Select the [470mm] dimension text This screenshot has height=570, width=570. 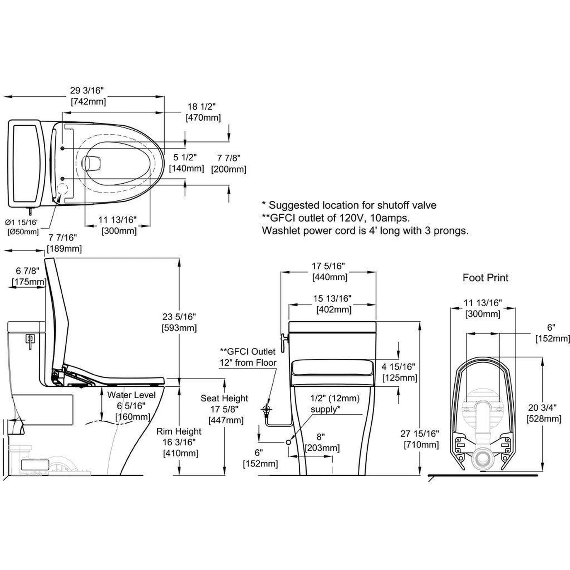[203, 118]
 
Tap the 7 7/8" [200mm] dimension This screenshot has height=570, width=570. [229, 164]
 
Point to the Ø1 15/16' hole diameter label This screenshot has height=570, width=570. [23, 221]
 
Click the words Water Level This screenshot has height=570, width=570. [131, 395]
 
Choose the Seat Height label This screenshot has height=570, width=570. [224, 398]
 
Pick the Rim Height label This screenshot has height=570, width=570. [179, 431]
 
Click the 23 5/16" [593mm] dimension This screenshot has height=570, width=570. [179, 322]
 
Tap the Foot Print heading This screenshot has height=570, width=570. [485, 278]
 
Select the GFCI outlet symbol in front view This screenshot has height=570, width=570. [267, 409]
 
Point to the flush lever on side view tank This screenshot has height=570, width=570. [31, 340]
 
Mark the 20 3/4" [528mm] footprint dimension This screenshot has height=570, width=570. [544, 413]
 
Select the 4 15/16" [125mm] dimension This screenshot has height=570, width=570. [400, 372]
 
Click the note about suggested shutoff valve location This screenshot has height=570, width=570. [349, 205]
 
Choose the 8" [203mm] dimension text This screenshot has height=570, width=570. [322, 442]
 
